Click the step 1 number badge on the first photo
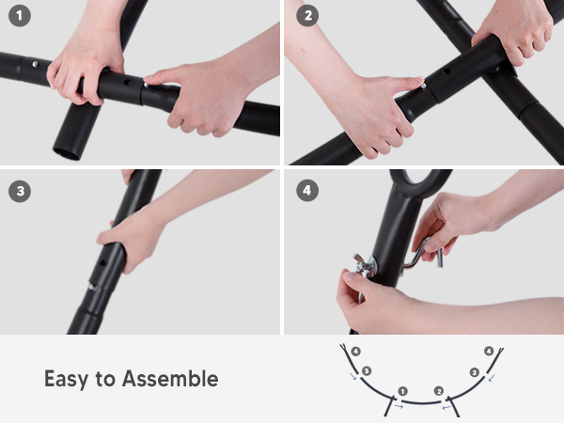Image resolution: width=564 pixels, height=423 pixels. [20, 15]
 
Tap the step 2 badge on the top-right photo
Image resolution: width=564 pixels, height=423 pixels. [307, 15]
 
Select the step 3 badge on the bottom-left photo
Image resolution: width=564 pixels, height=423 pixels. [20, 191]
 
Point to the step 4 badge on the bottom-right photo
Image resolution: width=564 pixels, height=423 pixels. [307, 190]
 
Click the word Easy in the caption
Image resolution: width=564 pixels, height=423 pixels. [66, 380]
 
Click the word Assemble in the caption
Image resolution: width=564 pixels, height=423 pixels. [170, 379]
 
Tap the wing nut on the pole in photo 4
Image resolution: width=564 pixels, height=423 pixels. [364, 264]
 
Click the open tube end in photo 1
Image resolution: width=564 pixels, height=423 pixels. [67, 153]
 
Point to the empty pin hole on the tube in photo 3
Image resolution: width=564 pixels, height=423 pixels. [102, 263]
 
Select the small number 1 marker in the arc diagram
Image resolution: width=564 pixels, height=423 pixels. [403, 391]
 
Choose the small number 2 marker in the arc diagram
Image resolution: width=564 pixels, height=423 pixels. [438, 391]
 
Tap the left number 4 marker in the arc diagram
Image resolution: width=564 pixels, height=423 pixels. [355, 352]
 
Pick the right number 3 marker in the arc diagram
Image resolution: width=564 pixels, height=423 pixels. [475, 372]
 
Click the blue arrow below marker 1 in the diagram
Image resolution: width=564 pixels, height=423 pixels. [399, 406]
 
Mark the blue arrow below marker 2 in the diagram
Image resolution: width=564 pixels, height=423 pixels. [446, 407]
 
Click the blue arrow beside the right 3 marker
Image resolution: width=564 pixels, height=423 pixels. [492, 378]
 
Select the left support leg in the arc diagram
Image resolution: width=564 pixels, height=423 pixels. [389, 406]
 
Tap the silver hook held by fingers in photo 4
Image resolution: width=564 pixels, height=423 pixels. [423, 253]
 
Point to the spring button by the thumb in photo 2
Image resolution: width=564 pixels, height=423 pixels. [424, 86]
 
